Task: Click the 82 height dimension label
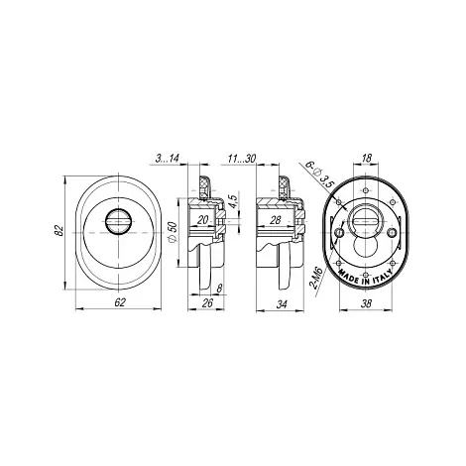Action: coord(58,230)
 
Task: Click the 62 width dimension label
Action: coord(120,302)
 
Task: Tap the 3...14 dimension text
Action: coord(168,159)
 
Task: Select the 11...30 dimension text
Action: coord(242,159)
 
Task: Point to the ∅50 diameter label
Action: coord(173,232)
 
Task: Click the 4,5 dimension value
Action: coord(233,201)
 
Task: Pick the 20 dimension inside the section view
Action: coord(203,219)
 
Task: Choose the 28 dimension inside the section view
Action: coord(275,219)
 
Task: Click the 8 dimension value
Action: coord(219,289)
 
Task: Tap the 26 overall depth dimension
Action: coord(207,302)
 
